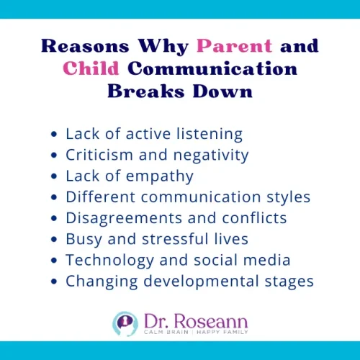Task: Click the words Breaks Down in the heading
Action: coord(179,91)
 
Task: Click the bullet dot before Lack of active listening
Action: coord(55,135)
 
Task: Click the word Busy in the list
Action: coord(81,239)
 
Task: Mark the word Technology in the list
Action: coord(102,260)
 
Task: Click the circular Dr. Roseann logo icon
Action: coord(124,323)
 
